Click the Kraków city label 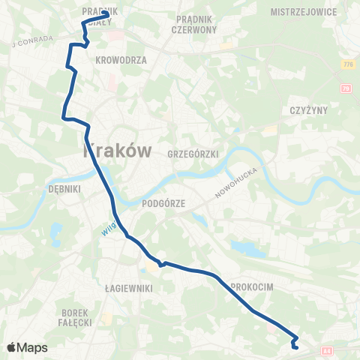121,150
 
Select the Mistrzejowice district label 305,12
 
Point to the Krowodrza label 121,58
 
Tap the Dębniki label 64,189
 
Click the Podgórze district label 163,202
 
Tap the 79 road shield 345,89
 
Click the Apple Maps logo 27,347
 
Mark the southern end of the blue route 295,346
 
